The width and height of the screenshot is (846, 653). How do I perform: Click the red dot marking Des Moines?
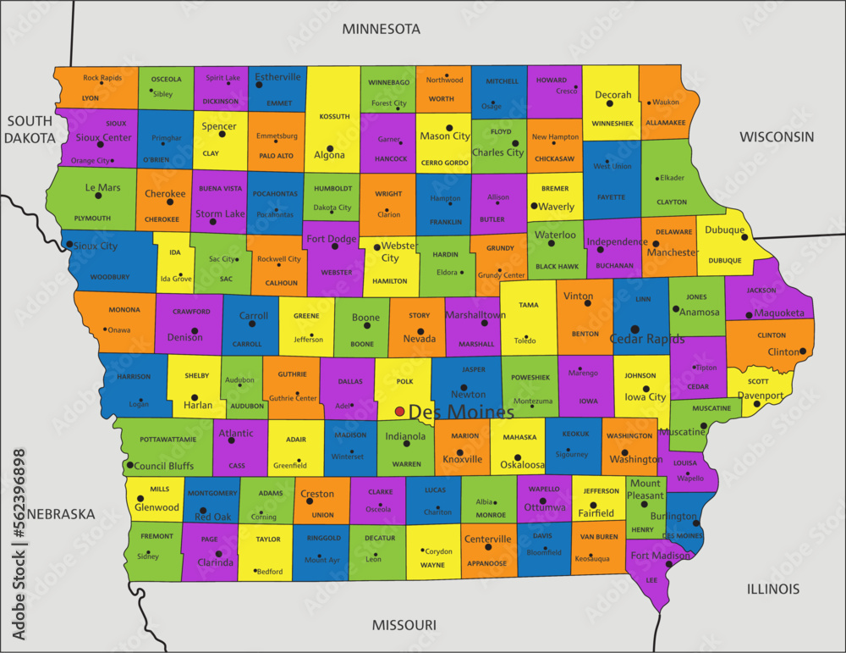(399, 412)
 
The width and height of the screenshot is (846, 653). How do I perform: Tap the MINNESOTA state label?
(381, 29)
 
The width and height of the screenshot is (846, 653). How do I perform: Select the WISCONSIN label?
(777, 136)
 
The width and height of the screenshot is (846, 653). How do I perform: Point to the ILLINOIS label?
(773, 589)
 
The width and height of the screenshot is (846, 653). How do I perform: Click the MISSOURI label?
(404, 625)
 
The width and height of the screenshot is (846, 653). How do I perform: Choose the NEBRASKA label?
(60, 514)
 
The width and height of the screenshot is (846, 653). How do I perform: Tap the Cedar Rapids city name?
(647, 340)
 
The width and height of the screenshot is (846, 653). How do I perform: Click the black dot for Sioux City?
(69, 244)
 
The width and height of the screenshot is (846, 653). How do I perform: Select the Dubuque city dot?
(744, 238)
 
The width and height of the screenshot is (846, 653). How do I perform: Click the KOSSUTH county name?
(334, 116)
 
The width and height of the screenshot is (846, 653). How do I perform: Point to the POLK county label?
(404, 382)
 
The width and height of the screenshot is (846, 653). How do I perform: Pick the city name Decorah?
(613, 95)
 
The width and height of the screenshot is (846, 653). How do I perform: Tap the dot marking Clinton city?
(801, 351)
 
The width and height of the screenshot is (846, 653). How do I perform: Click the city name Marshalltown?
(476, 315)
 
